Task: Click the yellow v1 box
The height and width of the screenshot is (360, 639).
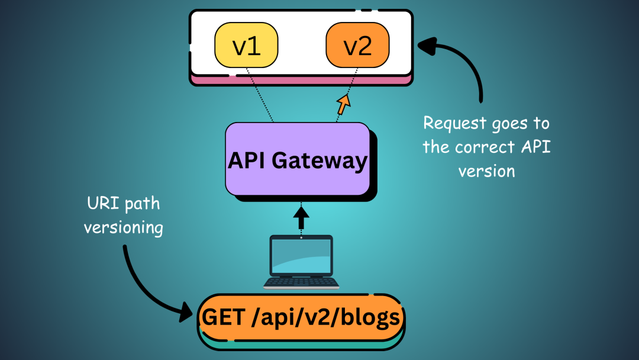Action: pyautogui.click(x=246, y=46)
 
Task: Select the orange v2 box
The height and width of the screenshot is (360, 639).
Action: pyautogui.click(x=357, y=46)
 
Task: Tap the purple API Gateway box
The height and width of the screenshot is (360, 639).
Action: pyautogui.click(x=298, y=159)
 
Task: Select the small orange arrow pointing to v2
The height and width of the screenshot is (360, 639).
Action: pyautogui.click(x=343, y=104)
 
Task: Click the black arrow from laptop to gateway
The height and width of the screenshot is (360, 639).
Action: pyautogui.click(x=301, y=217)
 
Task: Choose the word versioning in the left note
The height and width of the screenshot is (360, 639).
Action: pyautogui.click(x=123, y=227)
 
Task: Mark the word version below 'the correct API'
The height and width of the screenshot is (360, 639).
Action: pyautogui.click(x=486, y=171)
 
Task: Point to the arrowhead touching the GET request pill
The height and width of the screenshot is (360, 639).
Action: pyautogui.click(x=186, y=314)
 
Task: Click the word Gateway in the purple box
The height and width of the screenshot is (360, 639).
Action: pyautogui.click(x=330, y=160)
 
